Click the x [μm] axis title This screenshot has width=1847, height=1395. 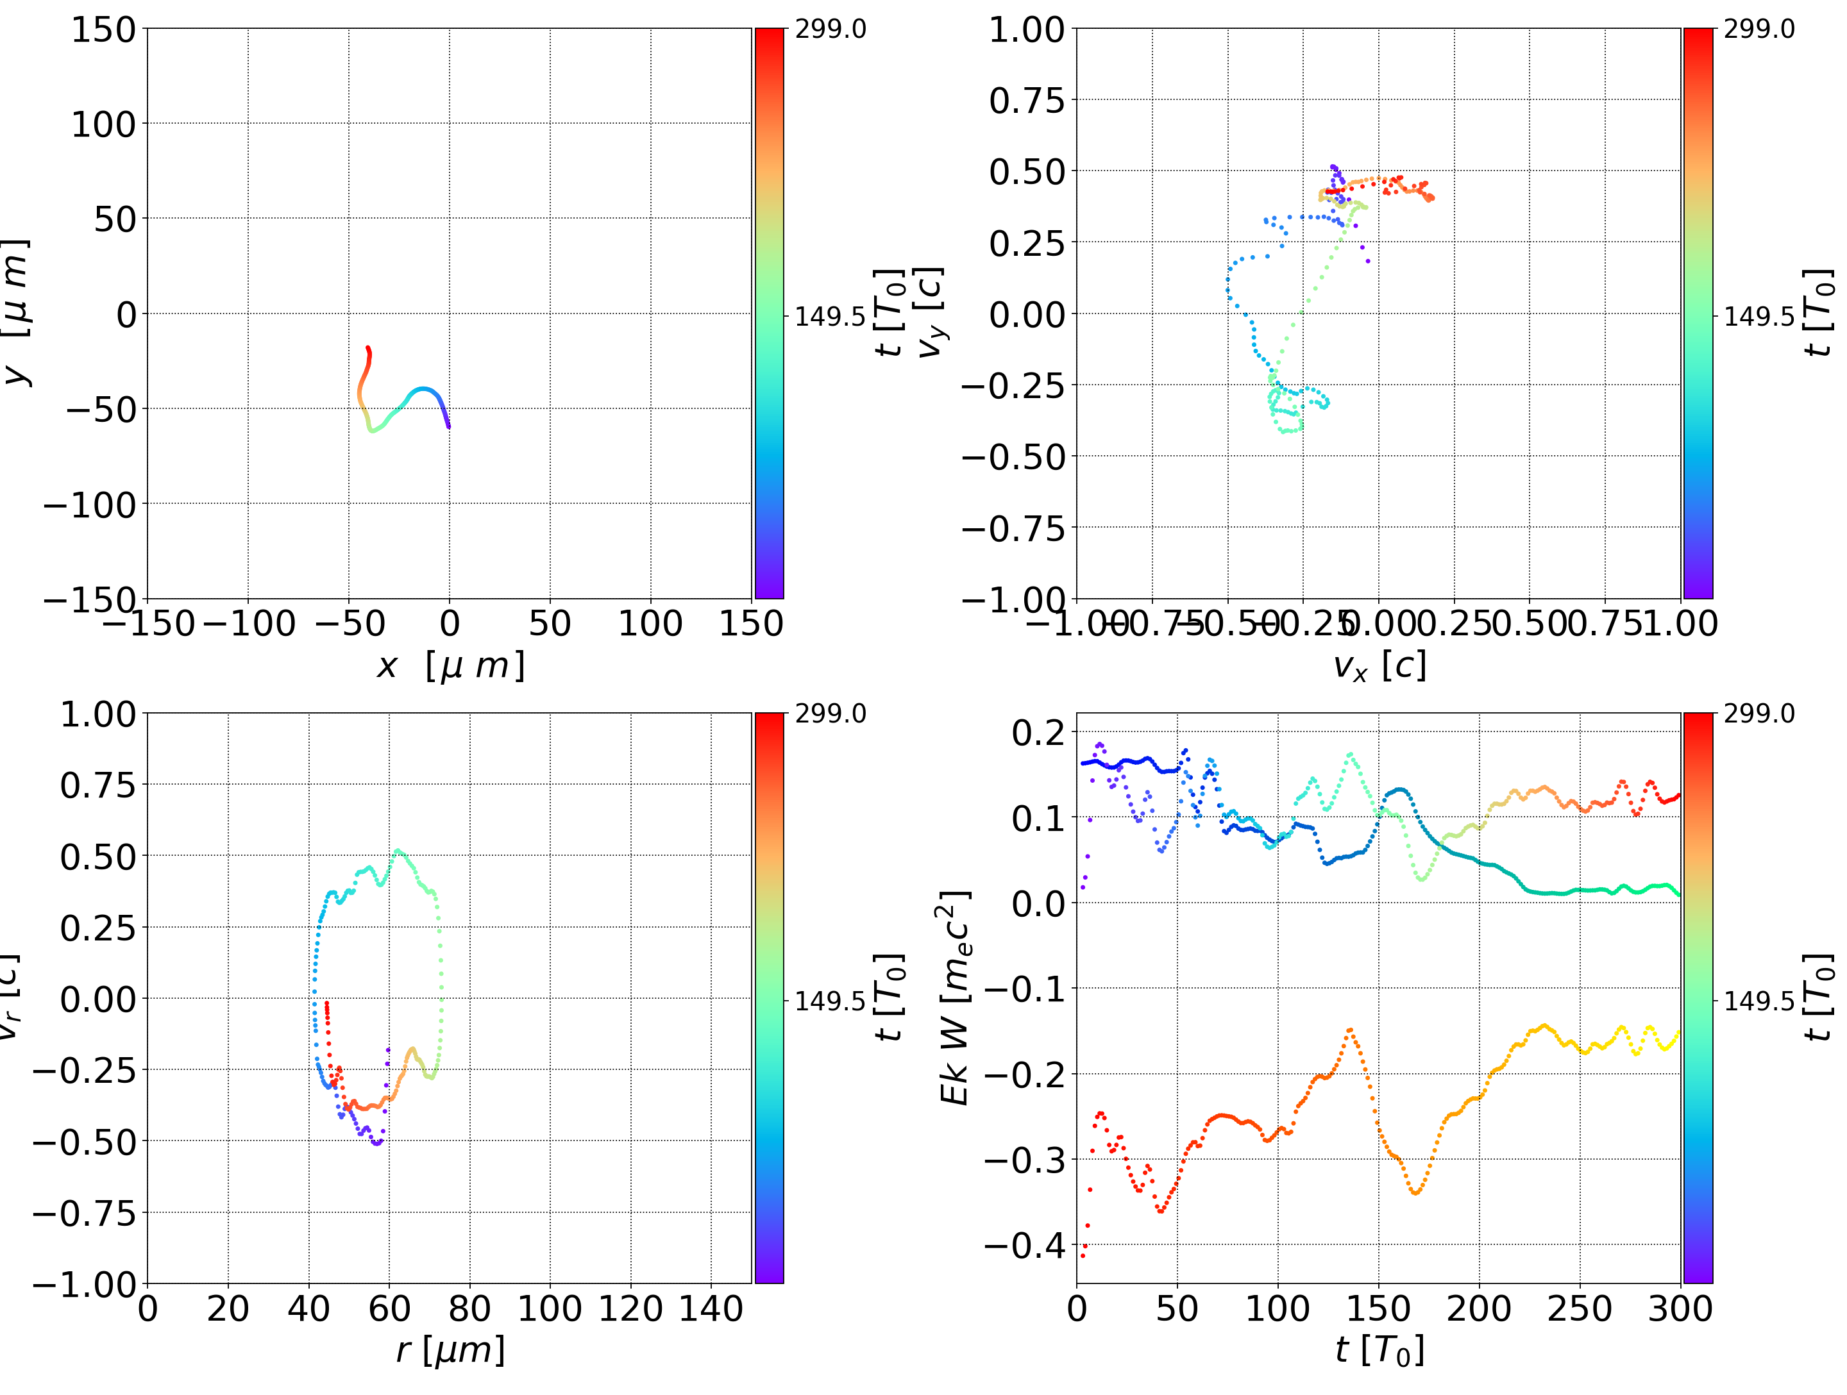point(450,666)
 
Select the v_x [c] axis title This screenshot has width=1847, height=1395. point(1379,666)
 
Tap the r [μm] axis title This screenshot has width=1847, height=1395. point(450,1350)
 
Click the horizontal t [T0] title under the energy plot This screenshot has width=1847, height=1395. point(1379,1350)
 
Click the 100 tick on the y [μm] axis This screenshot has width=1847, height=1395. point(103,124)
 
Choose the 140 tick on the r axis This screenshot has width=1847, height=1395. point(711,1308)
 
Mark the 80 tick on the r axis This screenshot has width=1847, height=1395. point(469,1308)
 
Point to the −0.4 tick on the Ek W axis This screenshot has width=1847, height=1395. point(1025,1246)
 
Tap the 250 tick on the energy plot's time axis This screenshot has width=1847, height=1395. point(1580,1308)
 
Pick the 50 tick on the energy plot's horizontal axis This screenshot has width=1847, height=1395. point(1177,1308)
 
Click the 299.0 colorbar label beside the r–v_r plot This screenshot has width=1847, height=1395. point(830,714)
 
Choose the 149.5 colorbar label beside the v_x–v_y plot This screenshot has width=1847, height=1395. point(1758,317)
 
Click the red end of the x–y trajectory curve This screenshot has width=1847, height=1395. point(367,348)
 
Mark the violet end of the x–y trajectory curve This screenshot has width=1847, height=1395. point(448,426)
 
